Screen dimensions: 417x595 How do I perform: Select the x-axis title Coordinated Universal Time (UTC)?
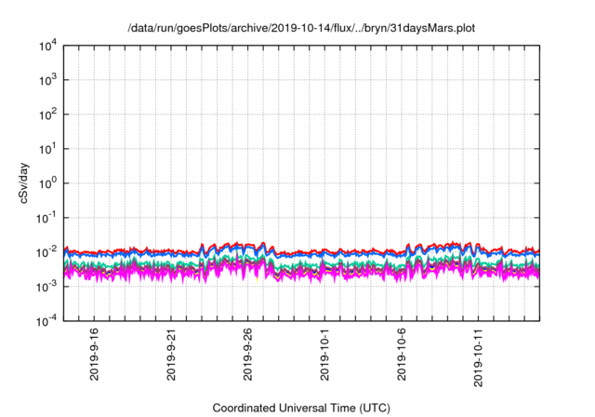[x=301, y=408]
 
